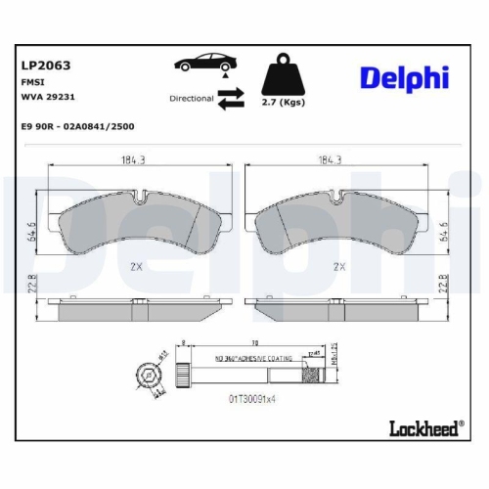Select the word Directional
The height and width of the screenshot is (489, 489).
pos(192,98)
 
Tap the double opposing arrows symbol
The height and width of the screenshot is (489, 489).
pos(232,98)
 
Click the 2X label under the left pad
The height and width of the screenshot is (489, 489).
pos(137,266)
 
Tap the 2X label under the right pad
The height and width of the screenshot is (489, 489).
pos(340,266)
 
